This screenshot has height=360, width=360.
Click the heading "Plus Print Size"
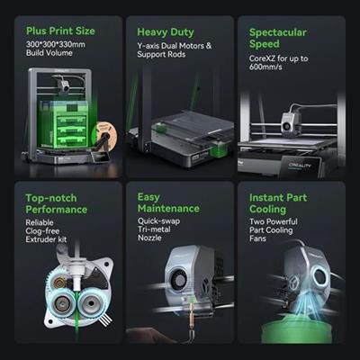tap(60, 31)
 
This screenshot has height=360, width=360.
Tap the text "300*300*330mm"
tap(56, 44)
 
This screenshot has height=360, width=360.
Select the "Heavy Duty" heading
tap(166, 32)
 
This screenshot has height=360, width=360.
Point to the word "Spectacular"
tap(278, 32)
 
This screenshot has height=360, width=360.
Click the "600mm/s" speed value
tap(265, 67)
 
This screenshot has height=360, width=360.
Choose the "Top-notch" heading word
tap(51, 198)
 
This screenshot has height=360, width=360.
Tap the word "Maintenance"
tap(168, 208)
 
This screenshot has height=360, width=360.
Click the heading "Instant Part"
tap(278, 197)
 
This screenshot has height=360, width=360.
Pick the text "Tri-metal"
tap(154, 229)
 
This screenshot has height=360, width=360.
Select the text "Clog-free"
tap(42, 231)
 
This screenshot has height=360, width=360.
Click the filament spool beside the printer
tap(104, 134)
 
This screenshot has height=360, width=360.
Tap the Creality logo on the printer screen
tap(300, 166)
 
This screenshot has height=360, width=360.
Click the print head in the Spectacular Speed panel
tap(291, 123)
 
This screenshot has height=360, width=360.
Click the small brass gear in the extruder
tap(59, 282)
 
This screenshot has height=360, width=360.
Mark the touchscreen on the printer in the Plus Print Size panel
tap(100, 156)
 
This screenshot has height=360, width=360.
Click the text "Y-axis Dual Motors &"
tap(175, 46)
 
